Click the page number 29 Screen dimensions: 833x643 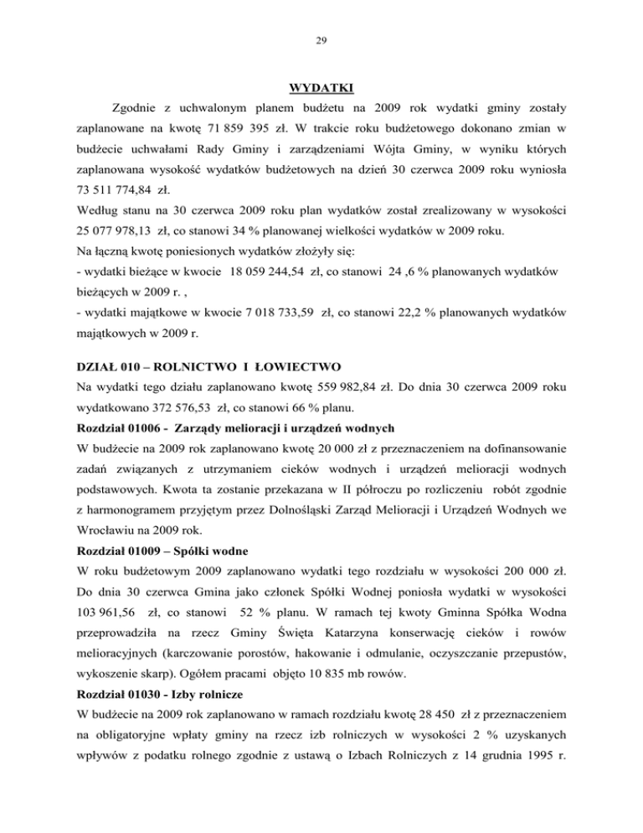pos(321,38)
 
